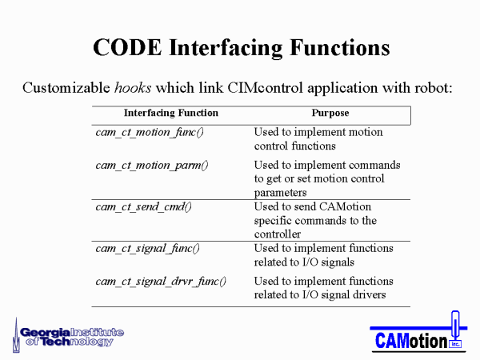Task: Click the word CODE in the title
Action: [x=127, y=48]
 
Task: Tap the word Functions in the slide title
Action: [x=340, y=48]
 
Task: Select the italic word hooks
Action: [x=133, y=88]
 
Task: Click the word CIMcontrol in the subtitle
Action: [x=265, y=88]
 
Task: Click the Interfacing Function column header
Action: [x=171, y=113]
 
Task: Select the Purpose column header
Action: [x=330, y=113]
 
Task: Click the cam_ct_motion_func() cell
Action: [x=150, y=133]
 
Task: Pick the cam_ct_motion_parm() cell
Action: [x=152, y=166]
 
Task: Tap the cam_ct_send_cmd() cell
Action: [x=143, y=207]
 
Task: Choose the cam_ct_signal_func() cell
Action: [x=147, y=249]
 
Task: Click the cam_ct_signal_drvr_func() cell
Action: [x=161, y=282]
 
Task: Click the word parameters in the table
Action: [x=281, y=193]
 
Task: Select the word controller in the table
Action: [x=278, y=234]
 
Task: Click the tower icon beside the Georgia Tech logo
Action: [x=16, y=336]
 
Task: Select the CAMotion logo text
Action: [x=411, y=341]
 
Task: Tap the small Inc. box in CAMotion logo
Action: [x=455, y=344]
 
